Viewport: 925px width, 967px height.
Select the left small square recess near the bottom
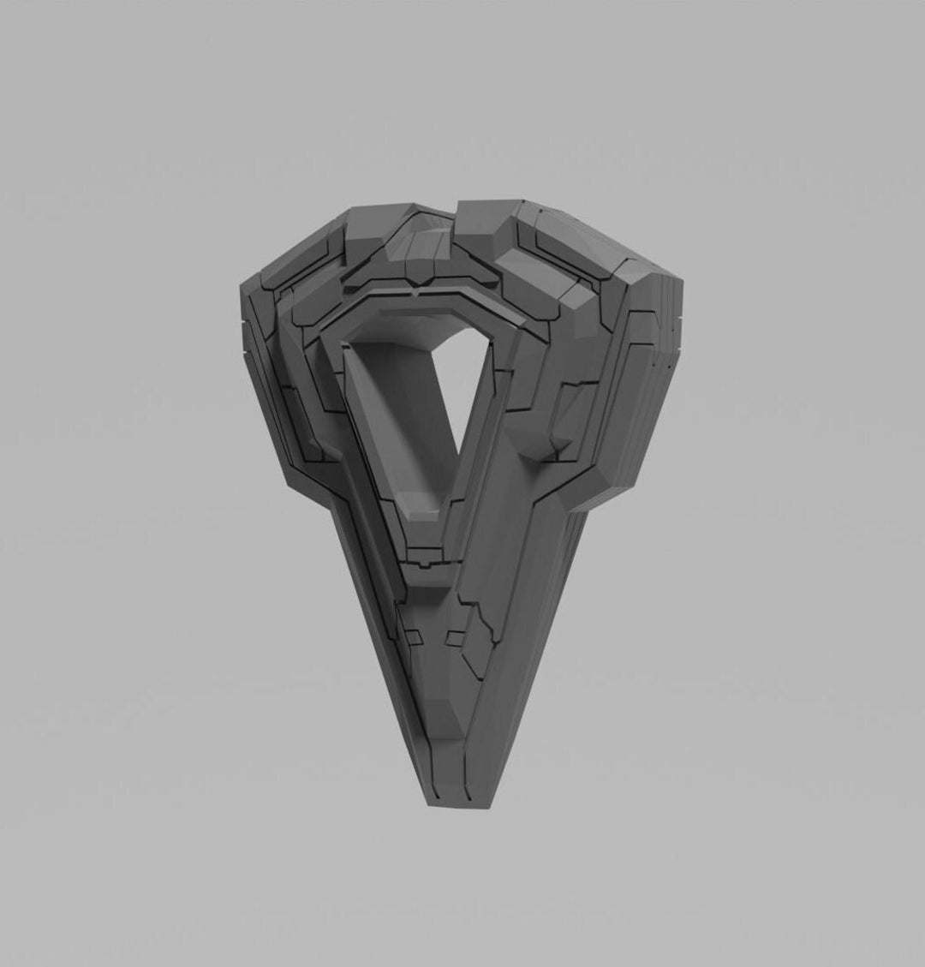coord(413,636)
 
